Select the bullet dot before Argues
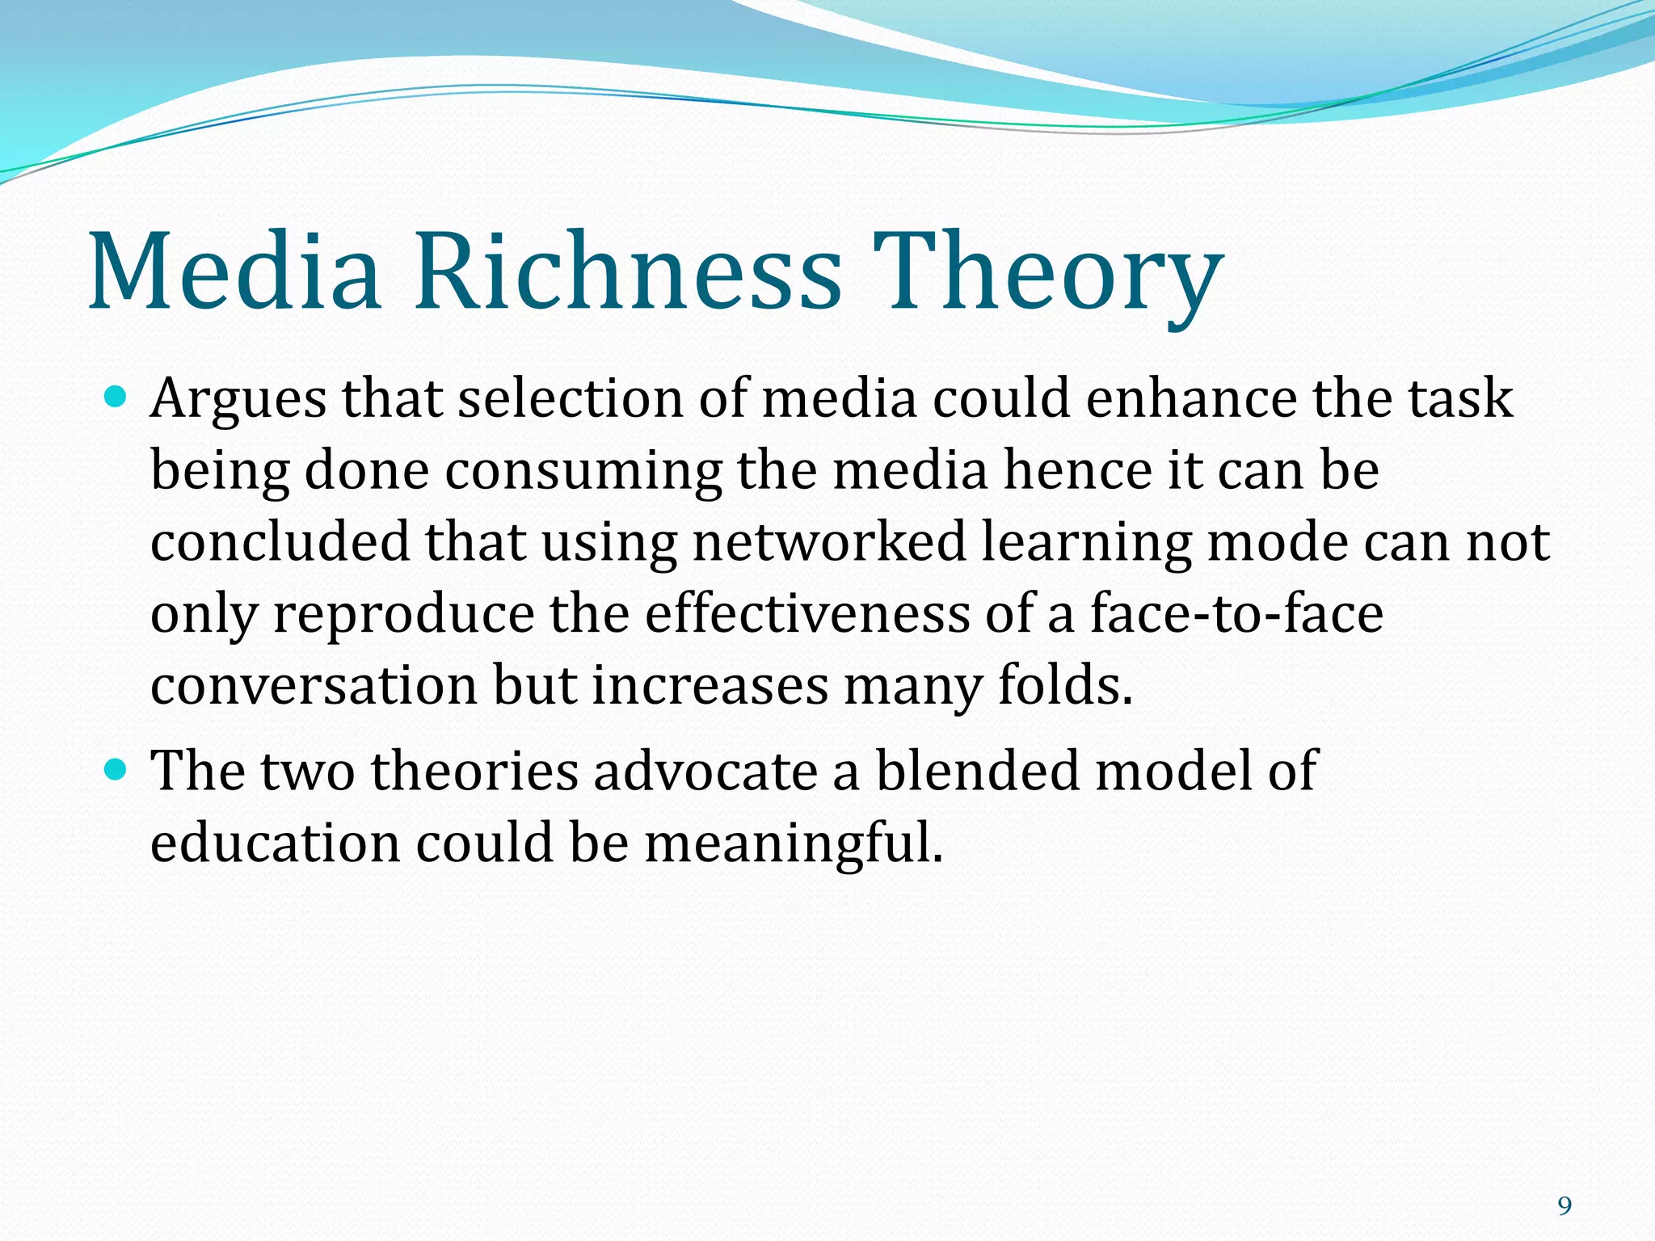(x=116, y=397)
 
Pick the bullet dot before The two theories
(x=116, y=769)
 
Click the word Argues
(x=238, y=400)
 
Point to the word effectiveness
(x=806, y=613)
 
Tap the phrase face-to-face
(x=1236, y=613)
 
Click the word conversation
(x=314, y=685)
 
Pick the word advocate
(x=705, y=770)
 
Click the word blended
(x=977, y=770)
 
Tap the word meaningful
(x=794, y=843)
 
